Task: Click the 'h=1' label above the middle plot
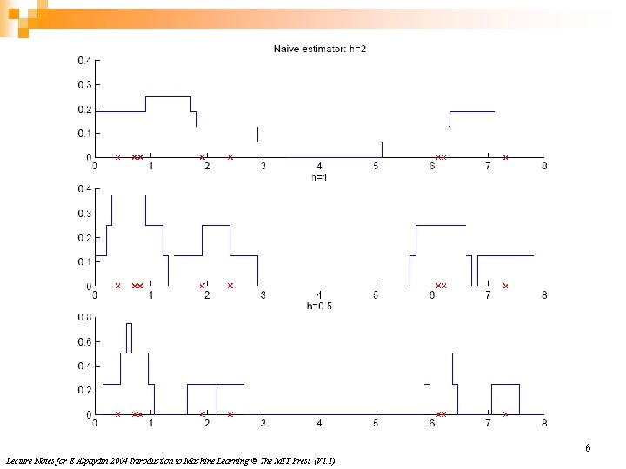[319, 177]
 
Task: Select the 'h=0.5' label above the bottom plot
[319, 307]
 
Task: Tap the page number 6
[588, 448]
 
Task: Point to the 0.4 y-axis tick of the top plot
[83, 61]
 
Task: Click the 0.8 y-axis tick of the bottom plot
[83, 318]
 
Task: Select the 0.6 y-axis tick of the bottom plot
[83, 342]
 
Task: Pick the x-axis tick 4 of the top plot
[319, 166]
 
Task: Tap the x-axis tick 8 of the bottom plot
[544, 424]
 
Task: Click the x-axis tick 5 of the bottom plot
[376, 424]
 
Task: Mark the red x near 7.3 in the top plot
[505, 157]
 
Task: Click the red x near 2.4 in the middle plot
[230, 286]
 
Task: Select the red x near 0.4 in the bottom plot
[117, 414]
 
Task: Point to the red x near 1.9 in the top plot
[202, 157]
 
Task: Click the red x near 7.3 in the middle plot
[505, 286]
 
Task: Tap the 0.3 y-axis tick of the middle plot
[83, 214]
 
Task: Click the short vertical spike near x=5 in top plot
[382, 149]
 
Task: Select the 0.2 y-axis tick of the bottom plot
[83, 391]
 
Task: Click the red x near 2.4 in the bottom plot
[230, 414]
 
